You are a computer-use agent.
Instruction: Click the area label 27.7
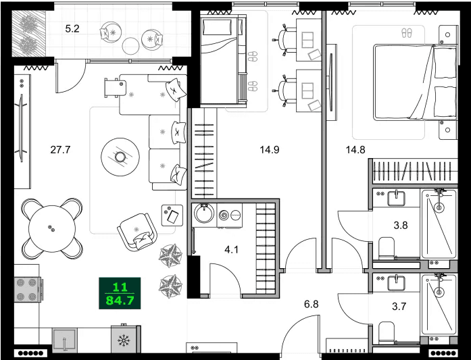click(x=60, y=150)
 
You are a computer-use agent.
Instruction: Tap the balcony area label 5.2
click(x=72, y=29)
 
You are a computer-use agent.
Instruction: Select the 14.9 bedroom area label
click(x=270, y=150)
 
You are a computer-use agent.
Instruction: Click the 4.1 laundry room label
click(x=232, y=250)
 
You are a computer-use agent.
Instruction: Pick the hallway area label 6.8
click(x=311, y=304)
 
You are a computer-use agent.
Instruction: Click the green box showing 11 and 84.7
click(x=119, y=292)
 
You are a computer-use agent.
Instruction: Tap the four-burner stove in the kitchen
click(x=27, y=290)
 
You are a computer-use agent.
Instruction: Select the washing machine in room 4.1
click(x=203, y=215)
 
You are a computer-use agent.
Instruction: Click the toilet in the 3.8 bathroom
click(x=387, y=248)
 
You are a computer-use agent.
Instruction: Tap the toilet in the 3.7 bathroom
click(x=387, y=332)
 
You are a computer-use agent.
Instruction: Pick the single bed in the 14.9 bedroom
click(x=218, y=59)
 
